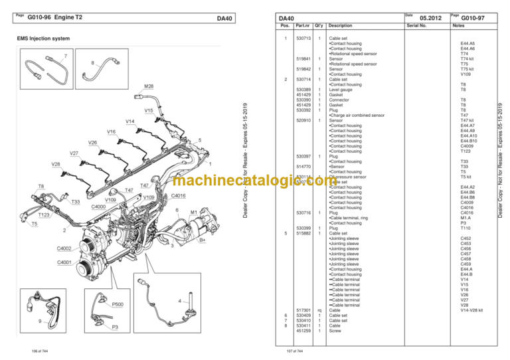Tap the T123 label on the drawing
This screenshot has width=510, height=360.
(x=44, y=215)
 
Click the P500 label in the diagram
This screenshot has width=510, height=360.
(x=120, y=304)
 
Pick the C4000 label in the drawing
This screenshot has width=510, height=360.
(x=99, y=207)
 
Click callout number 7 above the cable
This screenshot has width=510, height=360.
(x=65, y=56)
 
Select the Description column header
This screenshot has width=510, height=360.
(x=340, y=26)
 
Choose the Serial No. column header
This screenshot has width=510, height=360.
(x=418, y=26)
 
